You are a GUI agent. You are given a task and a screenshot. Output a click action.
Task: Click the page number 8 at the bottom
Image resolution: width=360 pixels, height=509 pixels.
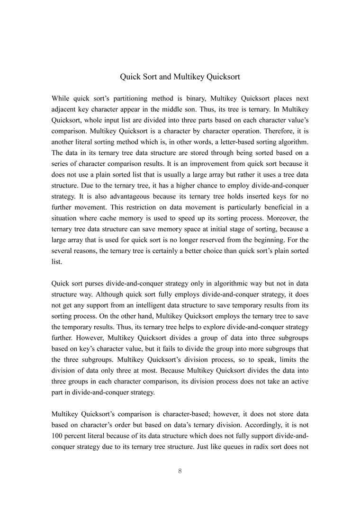180,471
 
